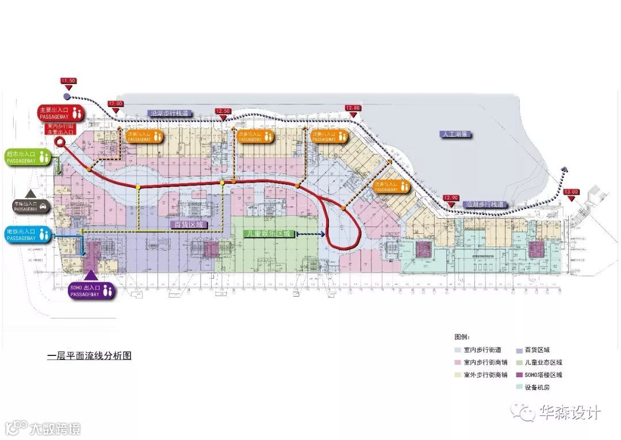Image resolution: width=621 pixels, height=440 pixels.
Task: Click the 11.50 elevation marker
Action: (x=68, y=81)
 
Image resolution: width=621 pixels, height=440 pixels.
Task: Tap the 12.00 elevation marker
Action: (x=116, y=103)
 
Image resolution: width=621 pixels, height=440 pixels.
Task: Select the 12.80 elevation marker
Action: (x=352, y=108)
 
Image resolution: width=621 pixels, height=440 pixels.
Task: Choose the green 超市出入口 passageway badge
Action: (x=29, y=157)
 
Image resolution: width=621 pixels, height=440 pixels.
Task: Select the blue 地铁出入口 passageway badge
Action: (x=29, y=234)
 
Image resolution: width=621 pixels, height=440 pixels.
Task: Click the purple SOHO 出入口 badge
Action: (x=92, y=290)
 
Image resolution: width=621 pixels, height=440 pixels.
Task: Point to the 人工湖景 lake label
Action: (x=457, y=134)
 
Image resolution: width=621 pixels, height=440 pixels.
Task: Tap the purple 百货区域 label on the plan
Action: (x=189, y=224)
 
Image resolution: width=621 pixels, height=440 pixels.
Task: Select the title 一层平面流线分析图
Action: (x=89, y=356)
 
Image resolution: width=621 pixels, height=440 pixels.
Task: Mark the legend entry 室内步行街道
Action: (x=482, y=350)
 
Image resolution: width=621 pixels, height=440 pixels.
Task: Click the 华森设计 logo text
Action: (x=569, y=412)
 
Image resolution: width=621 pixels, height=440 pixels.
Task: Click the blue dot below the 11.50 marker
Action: (x=67, y=96)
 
